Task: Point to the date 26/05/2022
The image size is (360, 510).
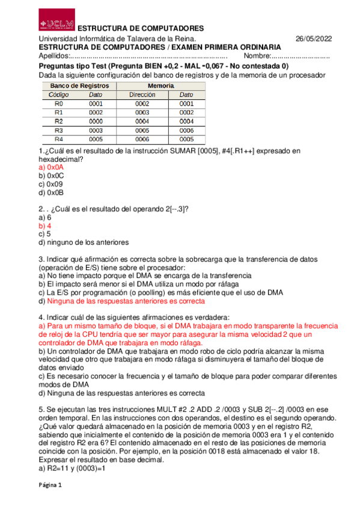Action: [313, 38]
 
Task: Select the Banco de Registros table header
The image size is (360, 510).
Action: [75, 87]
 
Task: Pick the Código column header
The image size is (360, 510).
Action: [59, 95]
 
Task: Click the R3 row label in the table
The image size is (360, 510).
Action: [58, 130]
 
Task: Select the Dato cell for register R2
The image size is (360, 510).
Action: [96, 121]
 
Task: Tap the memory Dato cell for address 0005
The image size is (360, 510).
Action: [186, 130]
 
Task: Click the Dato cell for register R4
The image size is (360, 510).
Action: [96, 138]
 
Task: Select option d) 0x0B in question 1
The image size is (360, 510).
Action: [50, 192]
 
